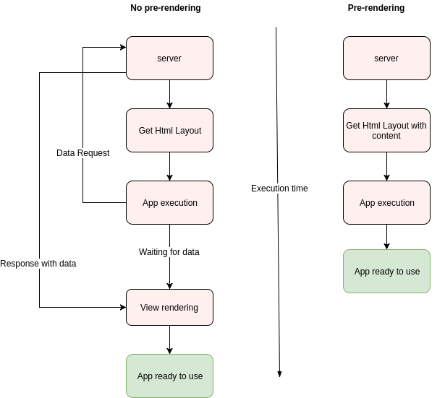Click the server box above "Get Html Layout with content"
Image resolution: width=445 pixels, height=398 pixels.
click(386, 59)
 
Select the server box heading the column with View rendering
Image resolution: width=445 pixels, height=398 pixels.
click(169, 59)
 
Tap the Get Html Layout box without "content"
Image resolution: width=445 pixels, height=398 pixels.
click(169, 131)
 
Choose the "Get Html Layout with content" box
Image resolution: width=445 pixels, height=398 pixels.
click(386, 131)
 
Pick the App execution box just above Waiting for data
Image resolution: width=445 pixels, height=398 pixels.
click(169, 203)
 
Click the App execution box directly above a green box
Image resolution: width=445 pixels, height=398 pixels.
click(386, 203)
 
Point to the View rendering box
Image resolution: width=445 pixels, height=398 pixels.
click(169, 308)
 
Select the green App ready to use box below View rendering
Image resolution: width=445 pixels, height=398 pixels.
click(169, 376)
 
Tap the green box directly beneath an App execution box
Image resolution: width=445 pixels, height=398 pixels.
click(386, 272)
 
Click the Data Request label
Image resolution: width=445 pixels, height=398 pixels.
click(83, 153)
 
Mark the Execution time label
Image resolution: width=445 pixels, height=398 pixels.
click(279, 189)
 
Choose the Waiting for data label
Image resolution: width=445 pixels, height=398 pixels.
click(169, 252)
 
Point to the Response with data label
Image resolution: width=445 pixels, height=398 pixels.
click(38, 264)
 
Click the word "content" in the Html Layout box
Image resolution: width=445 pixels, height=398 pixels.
click(386, 136)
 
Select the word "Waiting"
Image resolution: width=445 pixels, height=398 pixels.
click(153, 252)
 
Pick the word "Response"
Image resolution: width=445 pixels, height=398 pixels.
click(19, 264)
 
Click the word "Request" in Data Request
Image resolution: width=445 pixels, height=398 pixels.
click(93, 153)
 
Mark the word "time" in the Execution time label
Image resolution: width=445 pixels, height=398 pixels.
click(299, 189)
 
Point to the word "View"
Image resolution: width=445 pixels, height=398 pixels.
click(150, 308)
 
